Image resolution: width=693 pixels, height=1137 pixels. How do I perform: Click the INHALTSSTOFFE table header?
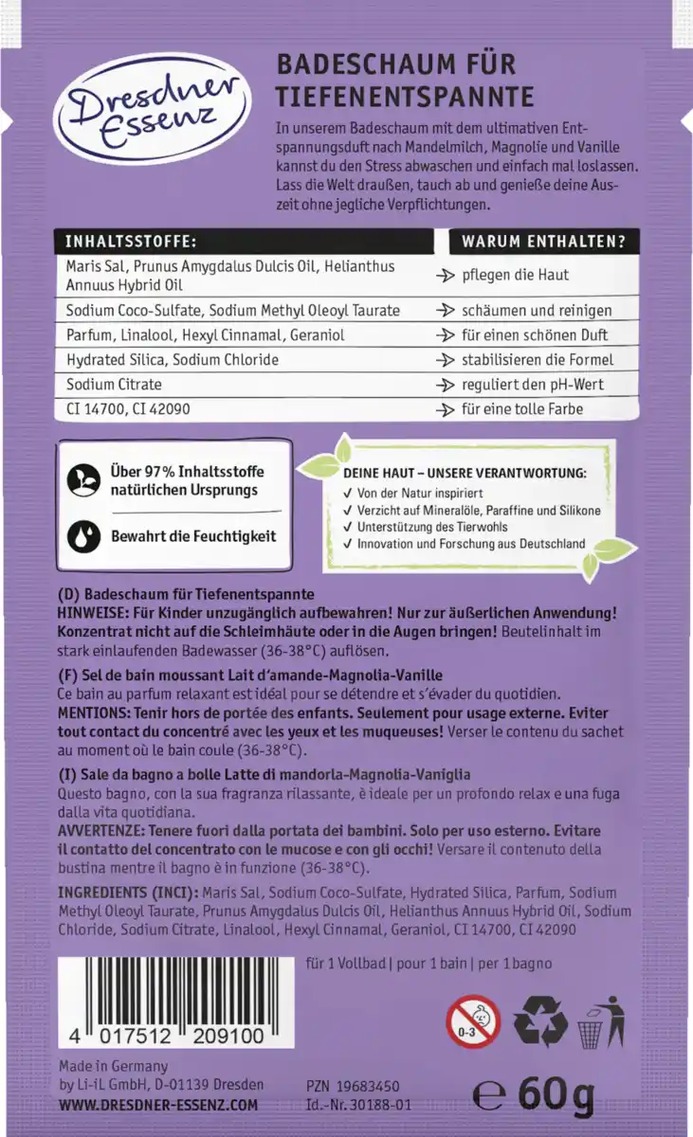[131, 242]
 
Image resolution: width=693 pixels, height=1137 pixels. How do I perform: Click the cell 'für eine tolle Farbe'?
[522, 409]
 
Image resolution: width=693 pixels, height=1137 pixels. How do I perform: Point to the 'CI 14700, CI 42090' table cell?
[129, 409]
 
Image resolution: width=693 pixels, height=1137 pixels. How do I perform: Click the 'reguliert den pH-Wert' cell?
[533, 385]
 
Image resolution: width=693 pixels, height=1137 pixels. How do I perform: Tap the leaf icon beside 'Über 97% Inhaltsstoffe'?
[83, 480]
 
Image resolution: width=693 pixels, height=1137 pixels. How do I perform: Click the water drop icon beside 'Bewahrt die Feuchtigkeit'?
[83, 536]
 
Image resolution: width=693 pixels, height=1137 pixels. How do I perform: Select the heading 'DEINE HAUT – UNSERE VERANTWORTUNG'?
[465, 473]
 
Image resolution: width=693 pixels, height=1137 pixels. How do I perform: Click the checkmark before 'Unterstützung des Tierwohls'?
[349, 527]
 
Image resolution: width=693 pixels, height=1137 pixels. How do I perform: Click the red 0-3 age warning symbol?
[473, 1020]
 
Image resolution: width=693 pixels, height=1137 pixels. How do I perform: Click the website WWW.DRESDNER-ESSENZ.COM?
[157, 1105]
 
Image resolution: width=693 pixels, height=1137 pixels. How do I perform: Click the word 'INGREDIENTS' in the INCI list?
[101, 892]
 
